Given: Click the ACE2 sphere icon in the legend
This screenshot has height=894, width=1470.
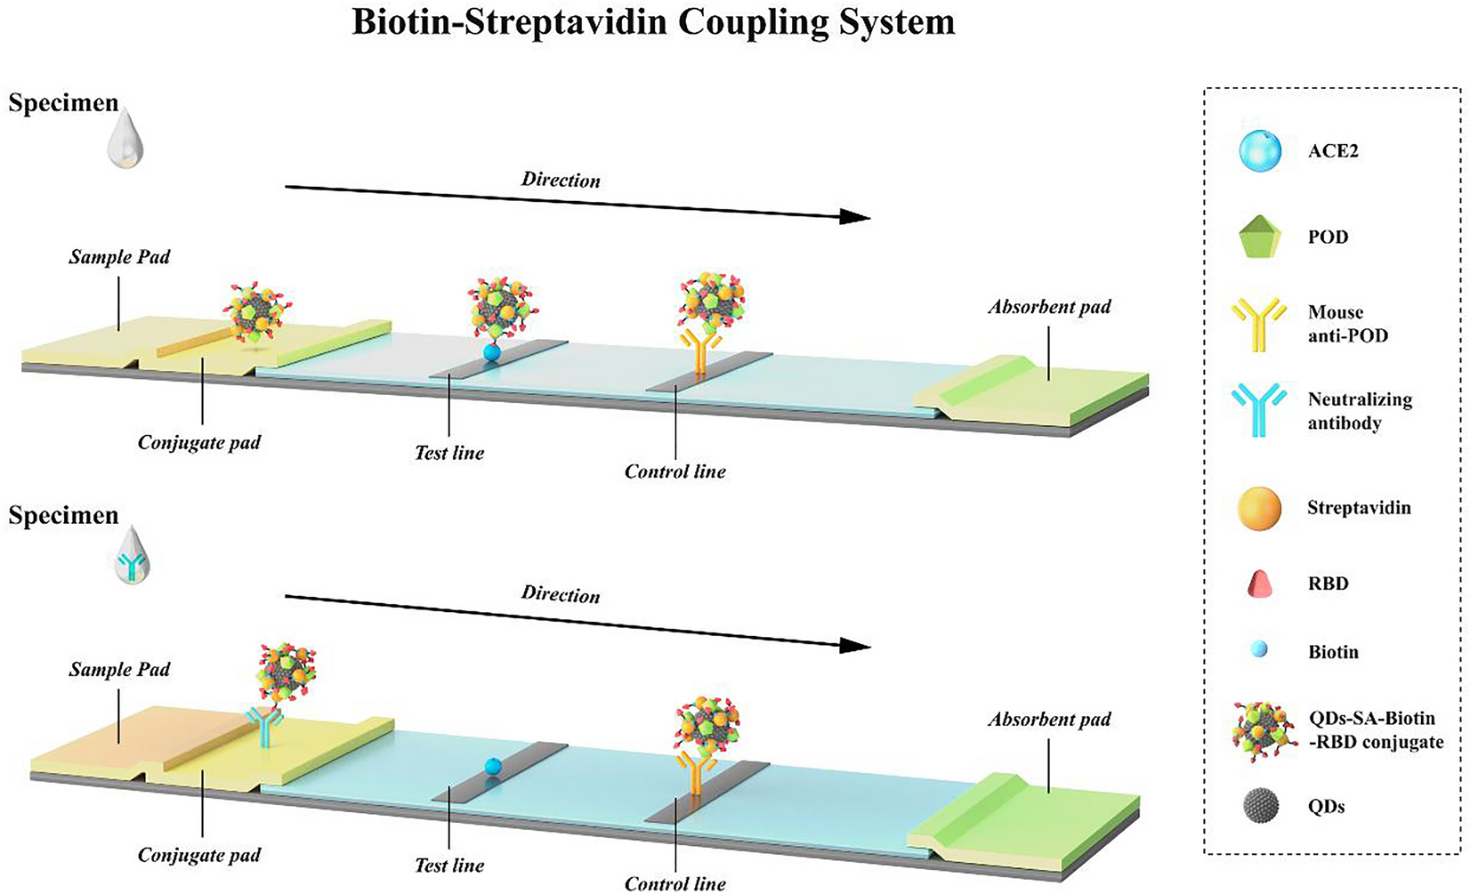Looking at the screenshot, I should [x=1260, y=150].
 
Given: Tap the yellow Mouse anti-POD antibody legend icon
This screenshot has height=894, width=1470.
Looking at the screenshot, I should [x=1260, y=324].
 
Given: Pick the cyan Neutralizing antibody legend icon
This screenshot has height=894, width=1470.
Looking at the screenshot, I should [x=1260, y=409].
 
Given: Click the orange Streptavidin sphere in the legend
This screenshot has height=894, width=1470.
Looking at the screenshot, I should [x=1260, y=509].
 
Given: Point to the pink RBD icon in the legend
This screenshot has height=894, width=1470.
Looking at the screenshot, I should [x=1260, y=584].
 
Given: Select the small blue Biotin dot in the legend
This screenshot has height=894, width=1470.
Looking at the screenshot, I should [x=1260, y=651].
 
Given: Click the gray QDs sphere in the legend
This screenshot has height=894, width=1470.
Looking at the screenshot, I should [x=1260, y=806].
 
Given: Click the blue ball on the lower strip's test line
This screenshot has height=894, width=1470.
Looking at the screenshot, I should [x=494, y=767].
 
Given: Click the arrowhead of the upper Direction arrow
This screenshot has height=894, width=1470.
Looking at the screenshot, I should [x=855, y=217].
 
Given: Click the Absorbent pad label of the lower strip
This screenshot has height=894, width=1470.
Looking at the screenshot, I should [x=1049, y=719].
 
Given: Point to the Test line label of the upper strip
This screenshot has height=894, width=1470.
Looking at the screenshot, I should [x=449, y=453].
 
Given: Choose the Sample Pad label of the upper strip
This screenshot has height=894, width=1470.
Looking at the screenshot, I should [x=119, y=257].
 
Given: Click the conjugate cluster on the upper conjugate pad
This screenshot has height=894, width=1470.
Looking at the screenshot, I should [x=254, y=313].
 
